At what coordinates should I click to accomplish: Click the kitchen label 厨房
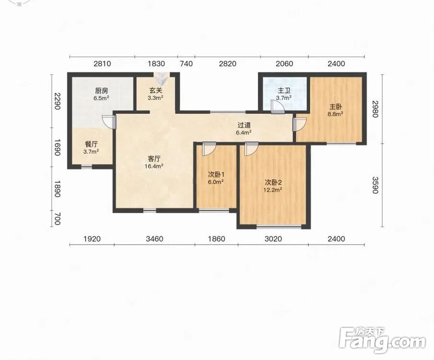[101, 91]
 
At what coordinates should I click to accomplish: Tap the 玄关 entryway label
[155, 91]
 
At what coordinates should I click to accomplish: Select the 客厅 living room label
[154, 159]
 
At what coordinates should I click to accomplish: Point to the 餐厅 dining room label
[91, 144]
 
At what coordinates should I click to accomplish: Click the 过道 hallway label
[244, 125]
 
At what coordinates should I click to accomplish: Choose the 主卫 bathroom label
[284, 91]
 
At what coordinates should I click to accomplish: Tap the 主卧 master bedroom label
[336, 107]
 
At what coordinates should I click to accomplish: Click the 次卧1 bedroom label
[216, 175]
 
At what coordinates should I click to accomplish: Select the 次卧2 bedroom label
[273, 182]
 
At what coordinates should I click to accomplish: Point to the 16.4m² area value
[153, 166]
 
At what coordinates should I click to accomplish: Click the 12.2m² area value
[273, 190]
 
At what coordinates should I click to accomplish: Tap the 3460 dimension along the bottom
[154, 239]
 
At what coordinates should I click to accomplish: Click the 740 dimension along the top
[186, 64]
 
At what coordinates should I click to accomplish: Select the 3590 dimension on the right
[375, 185]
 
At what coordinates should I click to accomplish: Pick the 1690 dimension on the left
[57, 147]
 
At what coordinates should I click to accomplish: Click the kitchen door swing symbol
[108, 122]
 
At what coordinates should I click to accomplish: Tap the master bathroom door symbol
[278, 107]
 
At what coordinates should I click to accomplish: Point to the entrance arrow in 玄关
[161, 78]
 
